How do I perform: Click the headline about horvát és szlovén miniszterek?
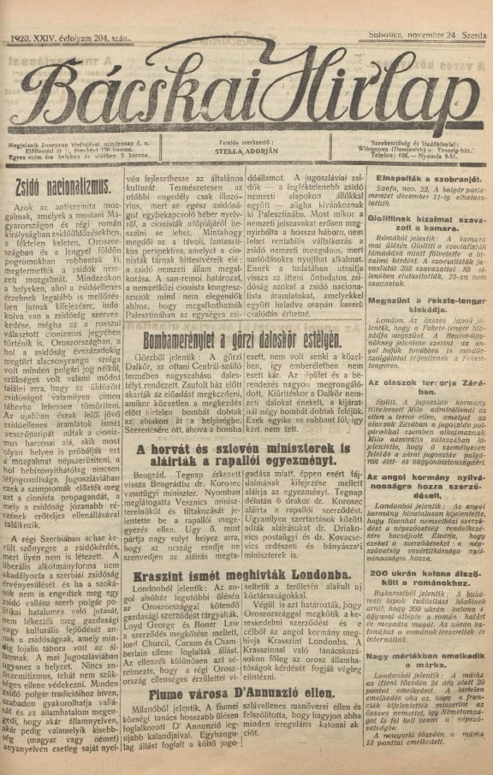point(243,455)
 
